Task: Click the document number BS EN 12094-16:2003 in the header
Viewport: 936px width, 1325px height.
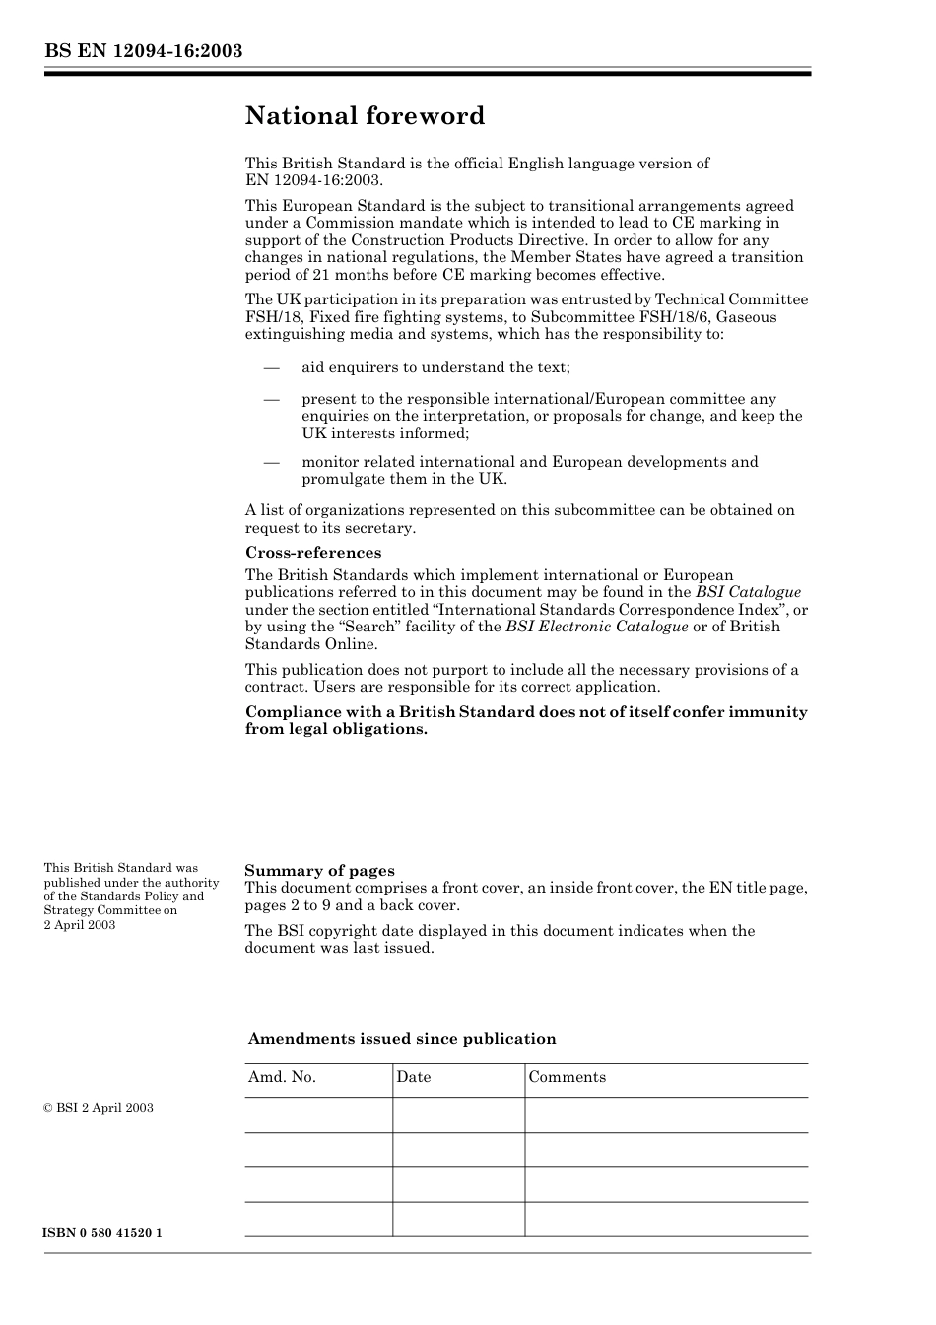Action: tap(143, 51)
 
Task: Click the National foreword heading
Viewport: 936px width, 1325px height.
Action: tap(365, 116)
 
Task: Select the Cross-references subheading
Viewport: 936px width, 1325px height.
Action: tap(313, 553)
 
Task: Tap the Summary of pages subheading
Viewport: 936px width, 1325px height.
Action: tap(319, 871)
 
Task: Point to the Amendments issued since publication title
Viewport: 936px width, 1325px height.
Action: tap(402, 1039)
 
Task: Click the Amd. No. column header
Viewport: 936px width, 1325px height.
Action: tap(282, 1077)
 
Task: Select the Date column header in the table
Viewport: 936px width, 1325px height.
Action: tap(414, 1077)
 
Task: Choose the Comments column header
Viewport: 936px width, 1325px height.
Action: tap(568, 1077)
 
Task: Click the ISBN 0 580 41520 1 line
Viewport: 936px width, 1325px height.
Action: tap(102, 1233)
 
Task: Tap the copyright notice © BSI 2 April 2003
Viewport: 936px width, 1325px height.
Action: tap(99, 1108)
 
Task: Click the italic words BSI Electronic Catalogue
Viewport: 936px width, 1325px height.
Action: tap(597, 627)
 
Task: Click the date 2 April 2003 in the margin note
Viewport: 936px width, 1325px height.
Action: tap(80, 925)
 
